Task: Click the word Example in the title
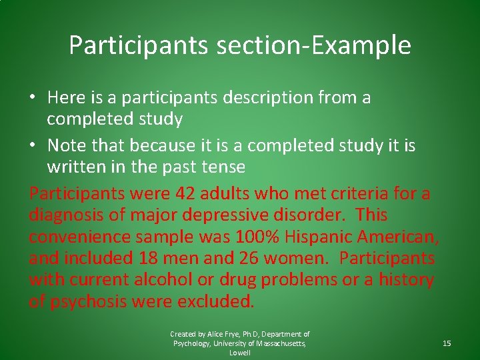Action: click(367, 45)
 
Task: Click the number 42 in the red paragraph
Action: click(185, 194)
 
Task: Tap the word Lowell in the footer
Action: click(240, 353)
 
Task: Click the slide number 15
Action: click(447, 343)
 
